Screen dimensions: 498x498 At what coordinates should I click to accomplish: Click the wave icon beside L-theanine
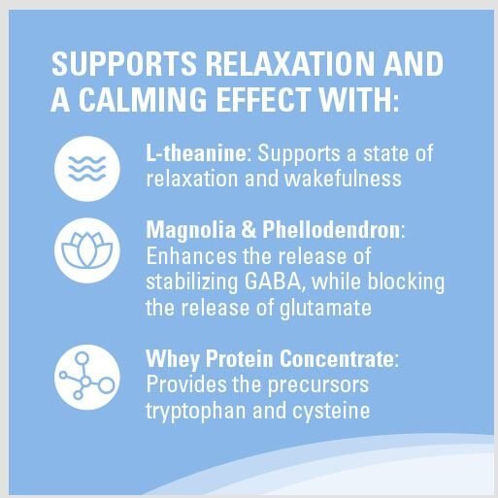point(87,169)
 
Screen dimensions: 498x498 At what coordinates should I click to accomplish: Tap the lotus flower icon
point(87,250)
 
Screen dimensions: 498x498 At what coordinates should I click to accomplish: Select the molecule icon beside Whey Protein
point(87,377)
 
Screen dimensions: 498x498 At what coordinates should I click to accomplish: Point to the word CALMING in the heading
point(143,99)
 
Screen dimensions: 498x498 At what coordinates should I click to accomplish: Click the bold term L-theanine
point(196,153)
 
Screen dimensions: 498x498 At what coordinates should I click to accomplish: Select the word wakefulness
point(343,179)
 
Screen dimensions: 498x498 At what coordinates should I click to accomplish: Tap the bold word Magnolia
point(191,231)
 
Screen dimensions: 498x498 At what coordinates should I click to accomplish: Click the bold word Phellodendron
point(331,230)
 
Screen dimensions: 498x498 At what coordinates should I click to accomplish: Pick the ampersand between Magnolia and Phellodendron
point(249,230)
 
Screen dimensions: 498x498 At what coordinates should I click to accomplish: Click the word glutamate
point(325,309)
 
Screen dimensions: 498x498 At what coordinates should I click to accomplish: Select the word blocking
point(406,282)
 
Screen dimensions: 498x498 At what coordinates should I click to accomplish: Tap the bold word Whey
point(173,360)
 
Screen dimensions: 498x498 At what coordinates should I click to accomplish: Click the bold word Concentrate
point(337,358)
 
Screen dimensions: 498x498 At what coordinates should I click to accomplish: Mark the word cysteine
point(331,412)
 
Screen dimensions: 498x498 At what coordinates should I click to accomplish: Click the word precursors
point(318,385)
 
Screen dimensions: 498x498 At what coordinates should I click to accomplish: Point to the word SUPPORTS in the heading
point(124,63)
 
